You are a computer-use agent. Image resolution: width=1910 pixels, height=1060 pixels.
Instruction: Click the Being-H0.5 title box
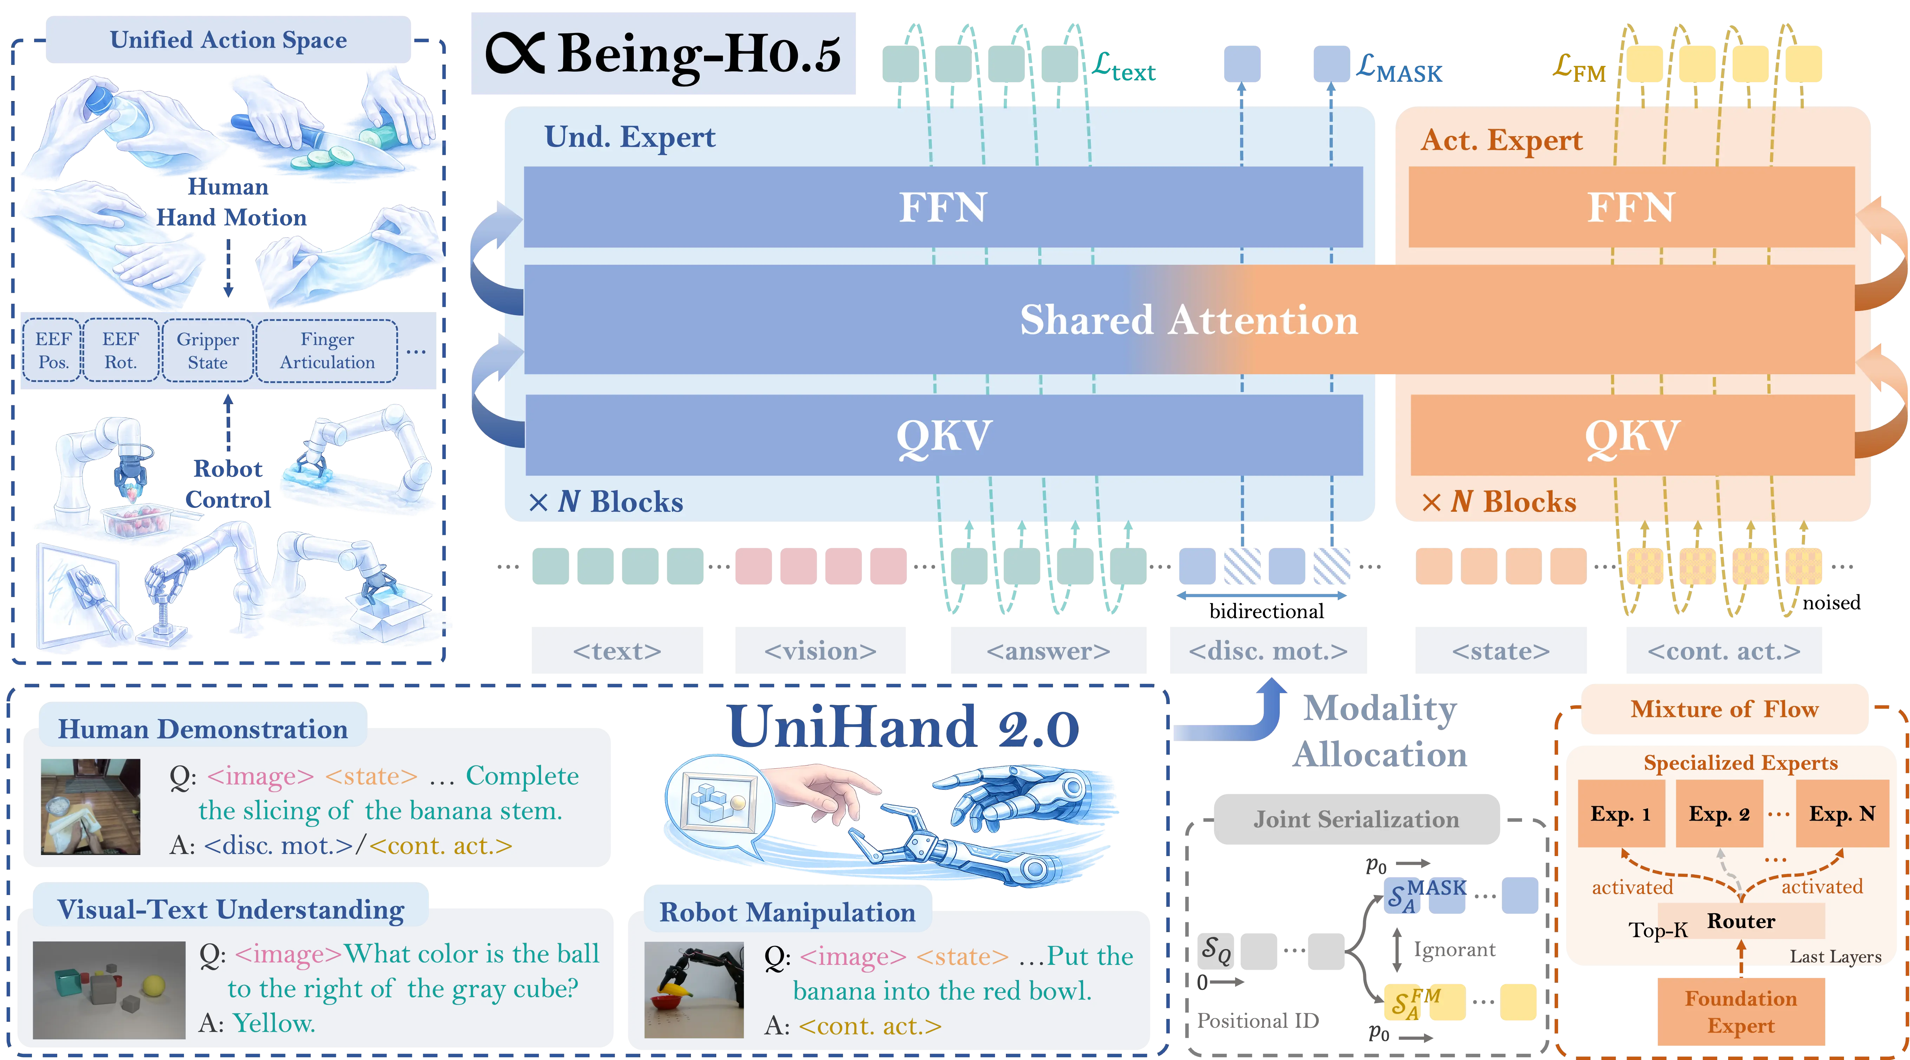pyautogui.click(x=662, y=53)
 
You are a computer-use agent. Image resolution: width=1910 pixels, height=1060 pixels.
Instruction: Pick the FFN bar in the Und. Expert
pyautogui.click(x=942, y=207)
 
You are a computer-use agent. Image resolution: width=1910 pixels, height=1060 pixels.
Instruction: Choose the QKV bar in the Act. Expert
pyautogui.click(x=1631, y=435)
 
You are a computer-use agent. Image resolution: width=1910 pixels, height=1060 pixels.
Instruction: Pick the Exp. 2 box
pyautogui.click(x=1719, y=814)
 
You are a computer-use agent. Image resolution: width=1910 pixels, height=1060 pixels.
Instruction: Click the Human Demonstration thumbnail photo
pyautogui.click(x=91, y=807)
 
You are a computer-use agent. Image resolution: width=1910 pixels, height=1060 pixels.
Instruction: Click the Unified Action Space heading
pyautogui.click(x=228, y=39)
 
